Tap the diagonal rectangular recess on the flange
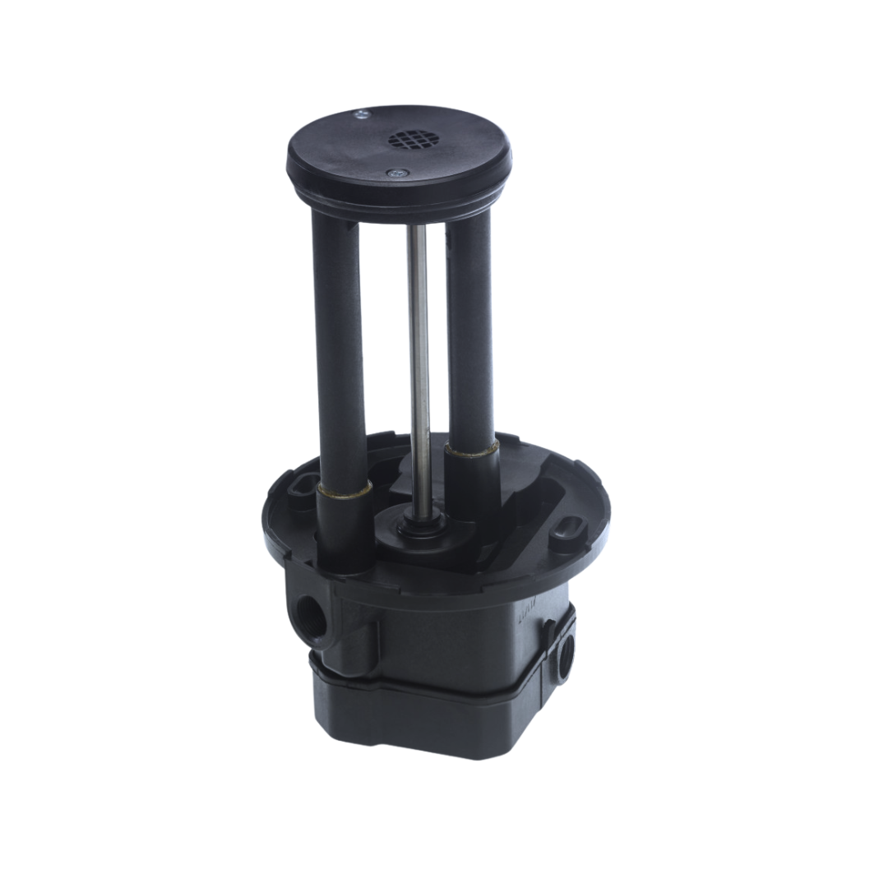tap(526, 510)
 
